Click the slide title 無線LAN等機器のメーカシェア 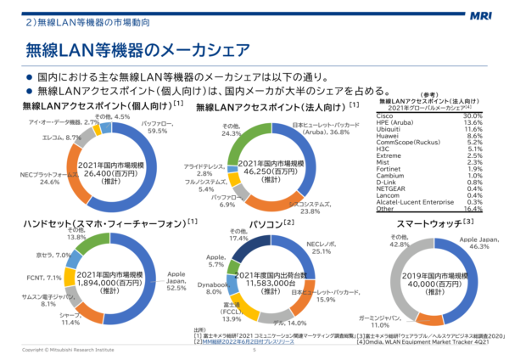(135, 48)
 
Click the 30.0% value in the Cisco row (473, 115)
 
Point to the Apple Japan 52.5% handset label (176, 279)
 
